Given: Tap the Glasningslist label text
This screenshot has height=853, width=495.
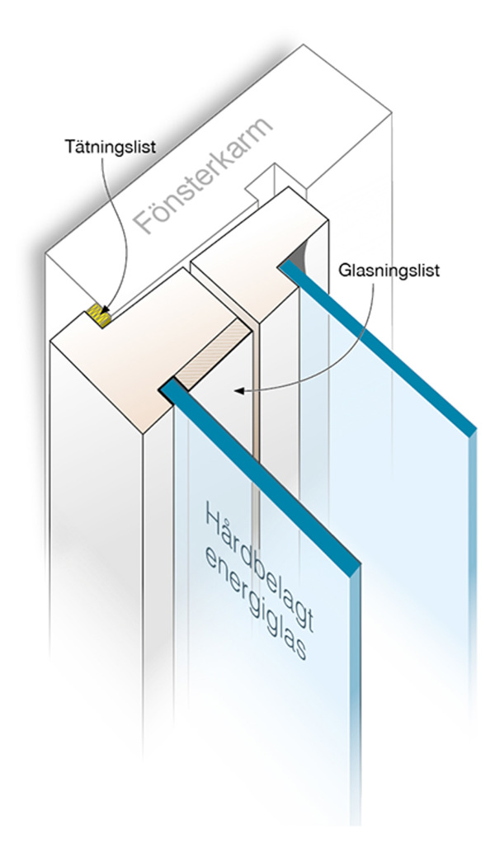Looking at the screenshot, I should coord(388,270).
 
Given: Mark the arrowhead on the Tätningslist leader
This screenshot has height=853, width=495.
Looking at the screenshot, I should coord(104,312).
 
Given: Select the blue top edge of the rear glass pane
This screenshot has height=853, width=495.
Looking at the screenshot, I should coord(379,346).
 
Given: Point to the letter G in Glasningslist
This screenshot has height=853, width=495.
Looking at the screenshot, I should coord(345,270).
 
